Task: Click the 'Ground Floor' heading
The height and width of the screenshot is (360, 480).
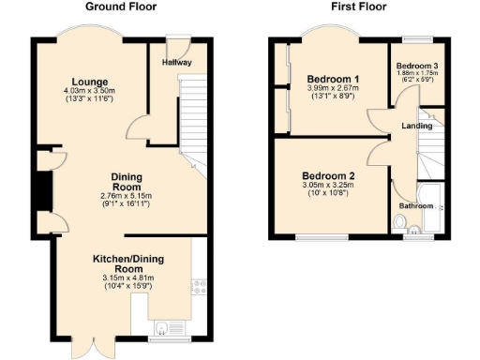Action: coord(121,7)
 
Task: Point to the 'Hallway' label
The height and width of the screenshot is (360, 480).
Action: coord(176,63)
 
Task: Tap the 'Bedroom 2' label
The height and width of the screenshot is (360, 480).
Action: coord(328,175)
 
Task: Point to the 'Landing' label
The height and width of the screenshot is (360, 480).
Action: coord(416,126)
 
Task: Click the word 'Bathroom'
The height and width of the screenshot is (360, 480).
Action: coord(415,204)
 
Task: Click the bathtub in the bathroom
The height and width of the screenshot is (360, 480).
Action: coord(432,216)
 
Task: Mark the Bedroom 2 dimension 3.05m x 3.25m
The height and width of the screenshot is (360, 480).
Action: coord(328,186)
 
